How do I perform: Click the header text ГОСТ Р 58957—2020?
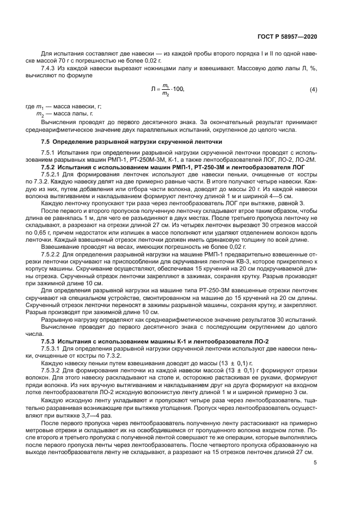click(288, 37)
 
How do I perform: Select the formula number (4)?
click(313, 89)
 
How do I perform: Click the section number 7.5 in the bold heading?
click(47, 142)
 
